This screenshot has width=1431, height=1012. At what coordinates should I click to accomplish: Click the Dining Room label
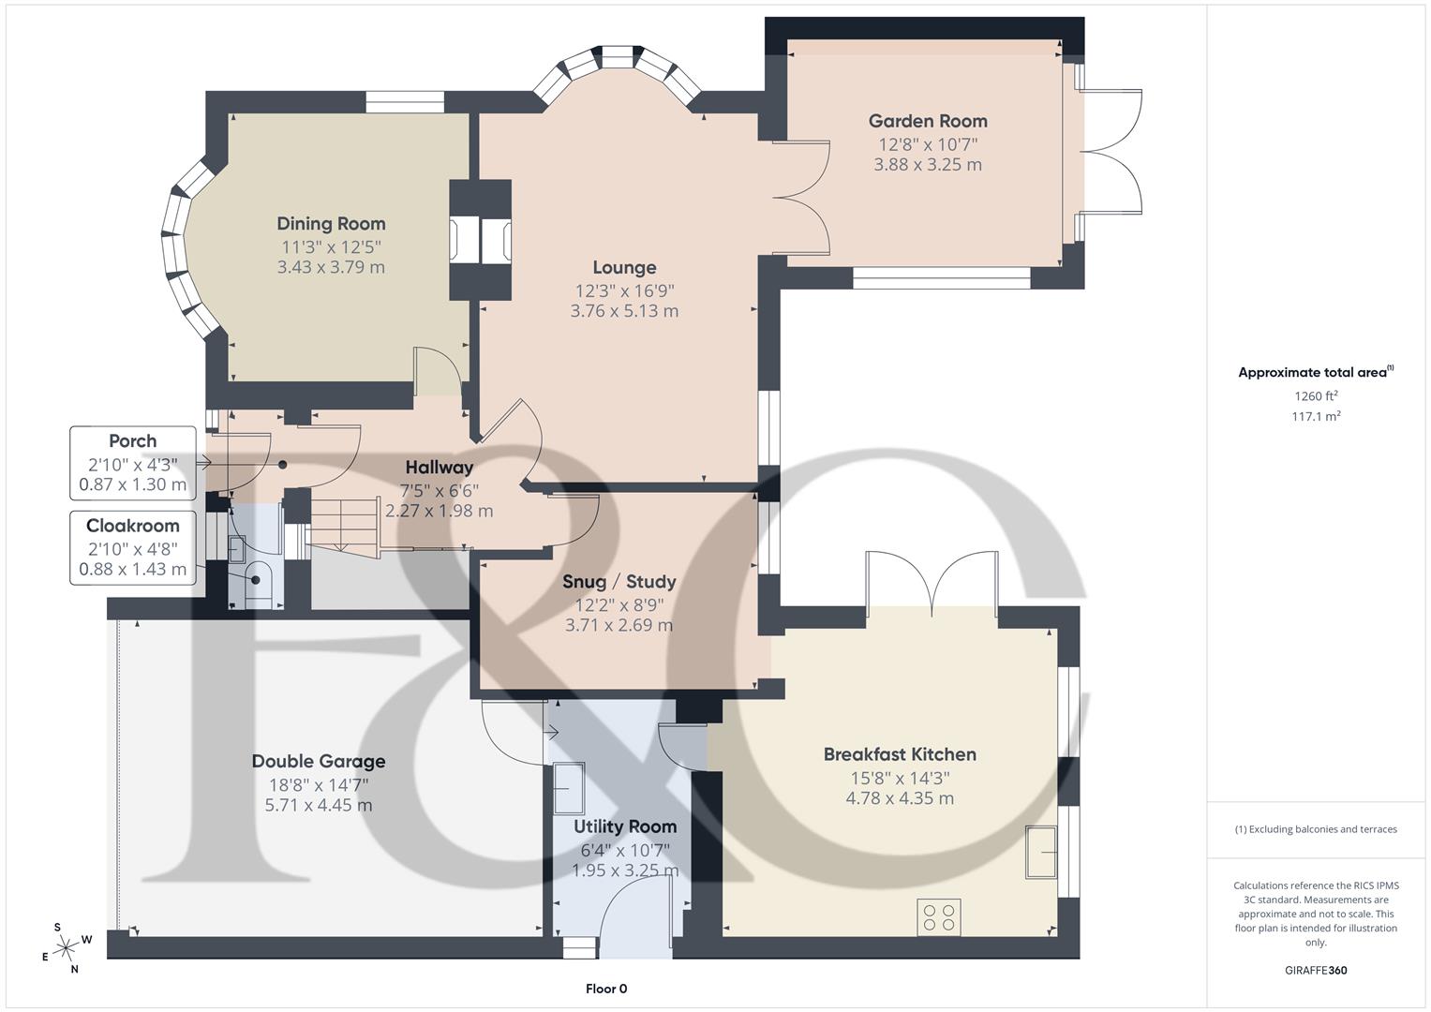(x=331, y=223)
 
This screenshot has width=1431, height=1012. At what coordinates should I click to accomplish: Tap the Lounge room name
(x=624, y=267)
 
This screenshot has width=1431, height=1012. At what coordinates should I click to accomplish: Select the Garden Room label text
(x=927, y=120)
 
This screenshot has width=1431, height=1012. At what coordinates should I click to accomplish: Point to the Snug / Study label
(x=619, y=581)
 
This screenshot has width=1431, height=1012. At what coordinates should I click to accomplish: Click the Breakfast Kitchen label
(x=900, y=754)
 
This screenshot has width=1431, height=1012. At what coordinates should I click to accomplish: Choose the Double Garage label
(x=319, y=761)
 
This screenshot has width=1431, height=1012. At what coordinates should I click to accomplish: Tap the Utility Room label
(x=625, y=826)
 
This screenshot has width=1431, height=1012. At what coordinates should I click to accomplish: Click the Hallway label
(x=439, y=467)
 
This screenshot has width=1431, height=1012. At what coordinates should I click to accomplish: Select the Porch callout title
(x=133, y=440)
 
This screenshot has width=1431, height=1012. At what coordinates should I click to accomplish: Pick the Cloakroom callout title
(x=133, y=526)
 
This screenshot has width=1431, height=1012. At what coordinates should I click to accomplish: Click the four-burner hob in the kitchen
(x=939, y=916)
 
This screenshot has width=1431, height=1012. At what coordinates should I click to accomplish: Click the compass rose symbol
(x=66, y=947)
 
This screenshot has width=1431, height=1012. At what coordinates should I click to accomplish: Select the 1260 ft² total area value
(x=1316, y=395)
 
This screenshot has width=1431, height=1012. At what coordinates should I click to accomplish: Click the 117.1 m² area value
(x=1316, y=417)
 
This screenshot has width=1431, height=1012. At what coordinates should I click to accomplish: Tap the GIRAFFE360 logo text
(x=1316, y=970)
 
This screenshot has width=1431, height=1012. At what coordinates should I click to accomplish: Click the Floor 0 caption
(x=606, y=989)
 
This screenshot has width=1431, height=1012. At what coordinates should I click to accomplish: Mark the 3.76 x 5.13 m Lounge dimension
(x=624, y=311)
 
